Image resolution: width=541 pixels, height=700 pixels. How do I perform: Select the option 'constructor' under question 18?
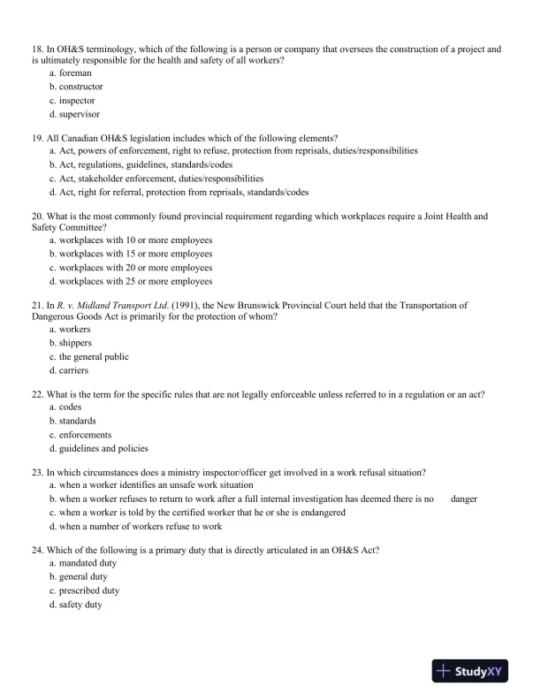pyautogui.click(x=80, y=87)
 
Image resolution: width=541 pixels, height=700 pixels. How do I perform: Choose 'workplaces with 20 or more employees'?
pyautogui.click(x=135, y=268)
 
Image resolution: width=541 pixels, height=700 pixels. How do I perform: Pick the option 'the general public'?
pyautogui.click(x=94, y=357)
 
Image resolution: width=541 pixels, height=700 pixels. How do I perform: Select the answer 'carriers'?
pyautogui.click(x=75, y=370)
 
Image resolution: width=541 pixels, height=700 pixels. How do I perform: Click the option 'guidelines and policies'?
pyautogui.click(x=103, y=448)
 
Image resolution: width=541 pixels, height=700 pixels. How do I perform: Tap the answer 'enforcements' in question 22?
pyautogui.click(x=85, y=435)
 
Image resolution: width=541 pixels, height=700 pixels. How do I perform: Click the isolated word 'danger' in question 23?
pyautogui.click(x=463, y=499)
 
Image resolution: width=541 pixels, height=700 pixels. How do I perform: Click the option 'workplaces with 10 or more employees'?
pyautogui.click(x=135, y=240)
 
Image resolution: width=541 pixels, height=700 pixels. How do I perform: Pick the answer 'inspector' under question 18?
pyautogui.click(x=77, y=101)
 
